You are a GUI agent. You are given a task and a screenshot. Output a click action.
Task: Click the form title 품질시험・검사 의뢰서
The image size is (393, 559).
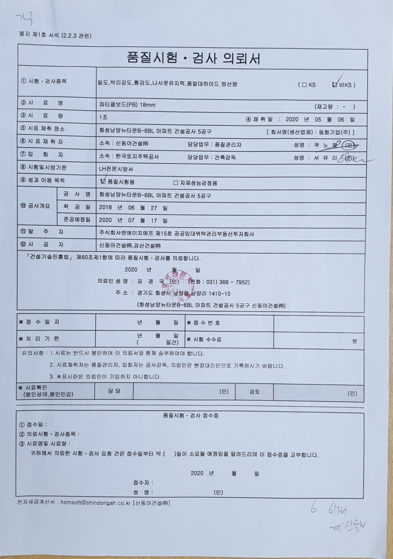pos(193,58)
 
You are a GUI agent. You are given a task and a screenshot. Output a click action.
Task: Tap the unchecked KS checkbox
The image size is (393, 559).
pos(304,85)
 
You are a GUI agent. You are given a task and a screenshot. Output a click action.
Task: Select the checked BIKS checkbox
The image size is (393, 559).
pos(334,85)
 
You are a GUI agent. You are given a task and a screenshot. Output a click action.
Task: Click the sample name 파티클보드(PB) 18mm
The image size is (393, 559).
pos(127,105)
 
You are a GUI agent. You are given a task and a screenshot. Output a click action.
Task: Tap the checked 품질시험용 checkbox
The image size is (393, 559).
pos(103,181)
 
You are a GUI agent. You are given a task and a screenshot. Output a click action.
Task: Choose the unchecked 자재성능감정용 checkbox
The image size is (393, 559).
pos(175,183)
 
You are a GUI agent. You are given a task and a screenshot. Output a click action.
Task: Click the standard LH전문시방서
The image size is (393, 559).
pos(116,169)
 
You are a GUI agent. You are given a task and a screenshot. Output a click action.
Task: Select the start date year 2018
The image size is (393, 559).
pos(105,208)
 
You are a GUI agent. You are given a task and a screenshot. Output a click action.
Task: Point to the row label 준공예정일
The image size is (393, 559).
pos(77,220)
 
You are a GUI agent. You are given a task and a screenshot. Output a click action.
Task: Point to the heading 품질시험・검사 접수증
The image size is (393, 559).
pos(191,415)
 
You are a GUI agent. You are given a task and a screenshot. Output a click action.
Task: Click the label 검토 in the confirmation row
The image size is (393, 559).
pos(254,392)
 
